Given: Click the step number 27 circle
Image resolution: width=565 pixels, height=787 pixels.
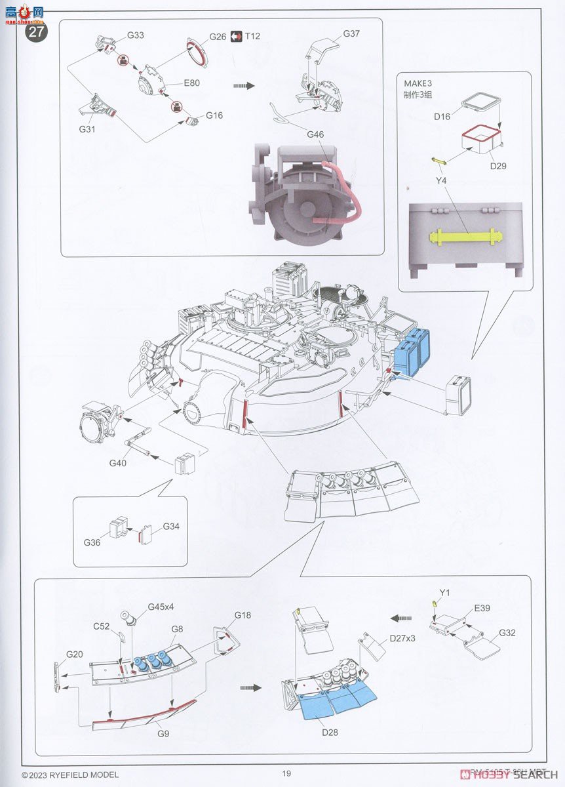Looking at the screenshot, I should tap(36, 31).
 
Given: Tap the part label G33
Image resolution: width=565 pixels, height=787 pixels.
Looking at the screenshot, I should tap(136, 35).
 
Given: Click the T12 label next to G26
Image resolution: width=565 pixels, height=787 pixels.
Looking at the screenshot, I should tap(252, 36).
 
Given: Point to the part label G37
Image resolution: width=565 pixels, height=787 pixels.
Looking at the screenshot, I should tap(351, 33).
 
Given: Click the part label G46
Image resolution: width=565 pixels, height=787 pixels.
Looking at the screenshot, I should tap(316, 135).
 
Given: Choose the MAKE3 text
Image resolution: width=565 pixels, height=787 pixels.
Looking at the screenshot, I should tap(418, 83).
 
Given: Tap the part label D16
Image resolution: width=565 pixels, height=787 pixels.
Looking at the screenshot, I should tap(442, 116).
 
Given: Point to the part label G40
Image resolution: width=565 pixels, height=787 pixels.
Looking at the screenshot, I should tap(118, 463).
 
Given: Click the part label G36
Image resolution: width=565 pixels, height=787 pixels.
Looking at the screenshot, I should tap(92, 542).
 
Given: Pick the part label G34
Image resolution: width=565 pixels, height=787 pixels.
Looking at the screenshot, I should tap(171, 526).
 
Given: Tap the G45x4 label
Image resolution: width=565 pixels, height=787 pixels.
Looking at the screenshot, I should tap(160, 607).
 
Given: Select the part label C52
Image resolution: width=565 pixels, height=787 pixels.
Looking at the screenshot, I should tap(101, 626).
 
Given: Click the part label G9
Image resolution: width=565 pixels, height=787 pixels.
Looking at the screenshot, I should tap(163, 733).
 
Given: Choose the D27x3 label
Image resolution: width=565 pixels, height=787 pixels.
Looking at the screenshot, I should tap(402, 637).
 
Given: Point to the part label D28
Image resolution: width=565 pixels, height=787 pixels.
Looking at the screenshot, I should tap(330, 732).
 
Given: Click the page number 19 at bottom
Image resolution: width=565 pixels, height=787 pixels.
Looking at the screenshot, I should tap(286, 774).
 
